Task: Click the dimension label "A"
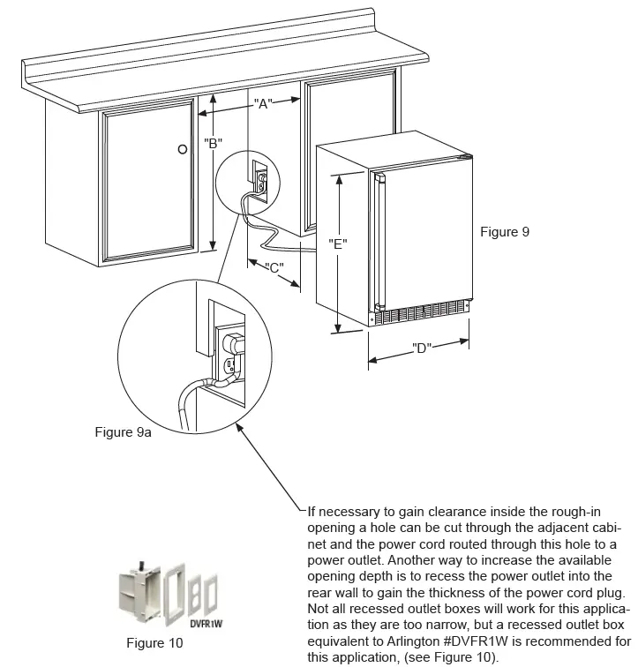(261, 103)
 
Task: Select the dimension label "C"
(274, 268)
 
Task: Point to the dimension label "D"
(421, 348)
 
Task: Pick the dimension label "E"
(337, 244)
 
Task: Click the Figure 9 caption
(504, 232)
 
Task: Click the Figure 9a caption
(123, 432)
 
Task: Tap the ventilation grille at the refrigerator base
(419, 314)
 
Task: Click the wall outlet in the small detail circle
(261, 181)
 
